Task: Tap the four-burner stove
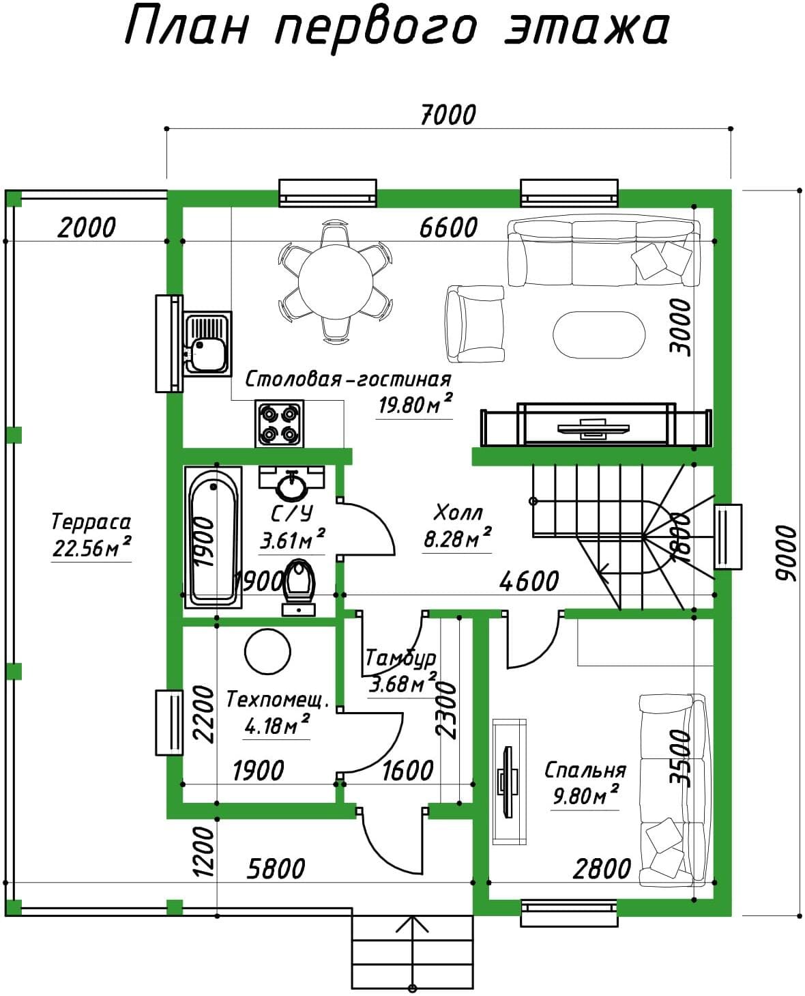point(279,423)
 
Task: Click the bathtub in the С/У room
point(213,537)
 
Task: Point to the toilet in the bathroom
point(299,587)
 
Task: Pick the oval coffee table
point(599,335)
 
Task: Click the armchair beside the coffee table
point(475,324)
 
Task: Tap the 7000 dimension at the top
point(448,115)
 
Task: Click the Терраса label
point(91,522)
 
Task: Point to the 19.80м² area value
point(415,405)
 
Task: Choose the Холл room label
point(457,513)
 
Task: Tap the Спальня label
point(585,770)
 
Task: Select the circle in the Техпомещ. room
point(267,652)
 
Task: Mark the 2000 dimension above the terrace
point(87,227)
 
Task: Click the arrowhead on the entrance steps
point(412,926)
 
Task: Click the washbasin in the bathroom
point(291,483)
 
